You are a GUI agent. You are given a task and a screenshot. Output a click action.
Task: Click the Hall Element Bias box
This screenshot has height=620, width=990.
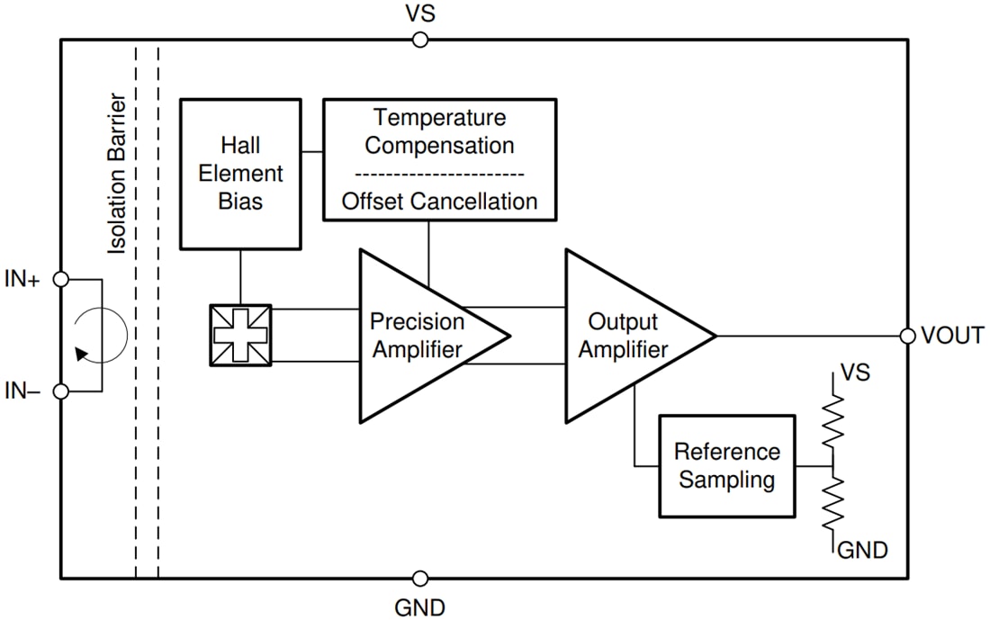[240, 174]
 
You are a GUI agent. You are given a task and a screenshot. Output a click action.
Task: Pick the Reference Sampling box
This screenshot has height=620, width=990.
[727, 466]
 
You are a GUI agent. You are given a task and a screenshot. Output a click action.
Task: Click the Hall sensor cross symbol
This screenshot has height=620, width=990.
[240, 336]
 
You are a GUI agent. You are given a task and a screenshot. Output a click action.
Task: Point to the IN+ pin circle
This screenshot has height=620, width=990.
[61, 280]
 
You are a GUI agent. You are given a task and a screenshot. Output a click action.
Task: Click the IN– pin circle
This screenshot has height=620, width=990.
[61, 391]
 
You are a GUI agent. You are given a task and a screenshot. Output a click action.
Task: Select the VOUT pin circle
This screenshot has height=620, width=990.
[908, 336]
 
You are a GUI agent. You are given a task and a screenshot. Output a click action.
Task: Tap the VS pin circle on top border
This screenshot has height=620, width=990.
[419, 40]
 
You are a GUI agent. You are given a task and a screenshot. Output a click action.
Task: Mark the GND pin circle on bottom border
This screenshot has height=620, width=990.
[419, 579]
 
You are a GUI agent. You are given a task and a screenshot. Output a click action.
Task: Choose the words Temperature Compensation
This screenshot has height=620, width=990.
[440, 131]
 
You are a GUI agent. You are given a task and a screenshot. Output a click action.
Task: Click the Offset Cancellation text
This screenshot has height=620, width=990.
[440, 202]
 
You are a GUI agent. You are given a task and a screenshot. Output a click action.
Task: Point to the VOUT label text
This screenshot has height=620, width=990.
[953, 336]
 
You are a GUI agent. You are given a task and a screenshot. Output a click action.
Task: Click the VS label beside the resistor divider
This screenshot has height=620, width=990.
[854, 372]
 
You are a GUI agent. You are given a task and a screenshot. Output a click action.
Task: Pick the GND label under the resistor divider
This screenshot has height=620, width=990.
[862, 550]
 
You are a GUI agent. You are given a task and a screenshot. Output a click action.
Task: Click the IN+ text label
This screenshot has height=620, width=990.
[22, 280]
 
